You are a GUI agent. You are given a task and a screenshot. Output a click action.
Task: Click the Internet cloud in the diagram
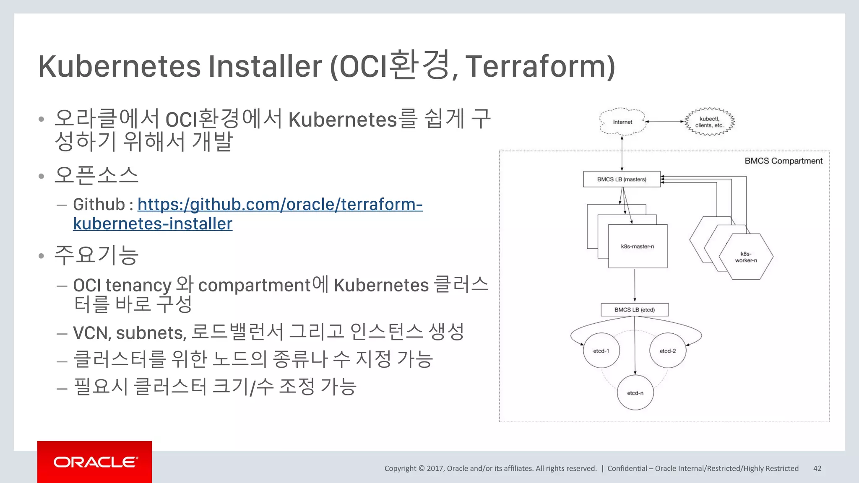coord(622,122)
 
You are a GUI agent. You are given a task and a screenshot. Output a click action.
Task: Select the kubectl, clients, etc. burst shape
coord(709,122)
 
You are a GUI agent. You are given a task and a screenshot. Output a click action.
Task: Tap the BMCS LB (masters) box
coord(622,179)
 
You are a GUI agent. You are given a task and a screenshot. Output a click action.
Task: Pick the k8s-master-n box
coord(638,247)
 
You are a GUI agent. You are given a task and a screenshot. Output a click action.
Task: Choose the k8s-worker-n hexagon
coord(746,257)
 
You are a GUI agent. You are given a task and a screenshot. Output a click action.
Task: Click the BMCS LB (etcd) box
coord(635,310)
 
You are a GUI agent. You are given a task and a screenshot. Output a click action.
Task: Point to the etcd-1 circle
coord(601,351)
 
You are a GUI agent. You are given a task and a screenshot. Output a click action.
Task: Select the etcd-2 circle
coord(668,351)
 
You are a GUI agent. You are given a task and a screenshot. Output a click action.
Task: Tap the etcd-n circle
coord(635,393)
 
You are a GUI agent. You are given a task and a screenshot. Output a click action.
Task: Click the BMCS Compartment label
coord(783,161)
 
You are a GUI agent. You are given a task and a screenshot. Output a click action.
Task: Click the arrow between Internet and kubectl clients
coord(665,122)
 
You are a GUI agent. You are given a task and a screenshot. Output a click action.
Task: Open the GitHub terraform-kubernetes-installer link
coord(280,205)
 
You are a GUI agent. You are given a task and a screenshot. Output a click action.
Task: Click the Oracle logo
coord(95,462)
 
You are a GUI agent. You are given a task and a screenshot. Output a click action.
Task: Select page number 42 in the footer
coord(817,468)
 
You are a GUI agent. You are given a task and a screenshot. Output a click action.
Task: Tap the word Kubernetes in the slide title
coord(120,67)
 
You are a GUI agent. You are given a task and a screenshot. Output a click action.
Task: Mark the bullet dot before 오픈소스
coord(41,176)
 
